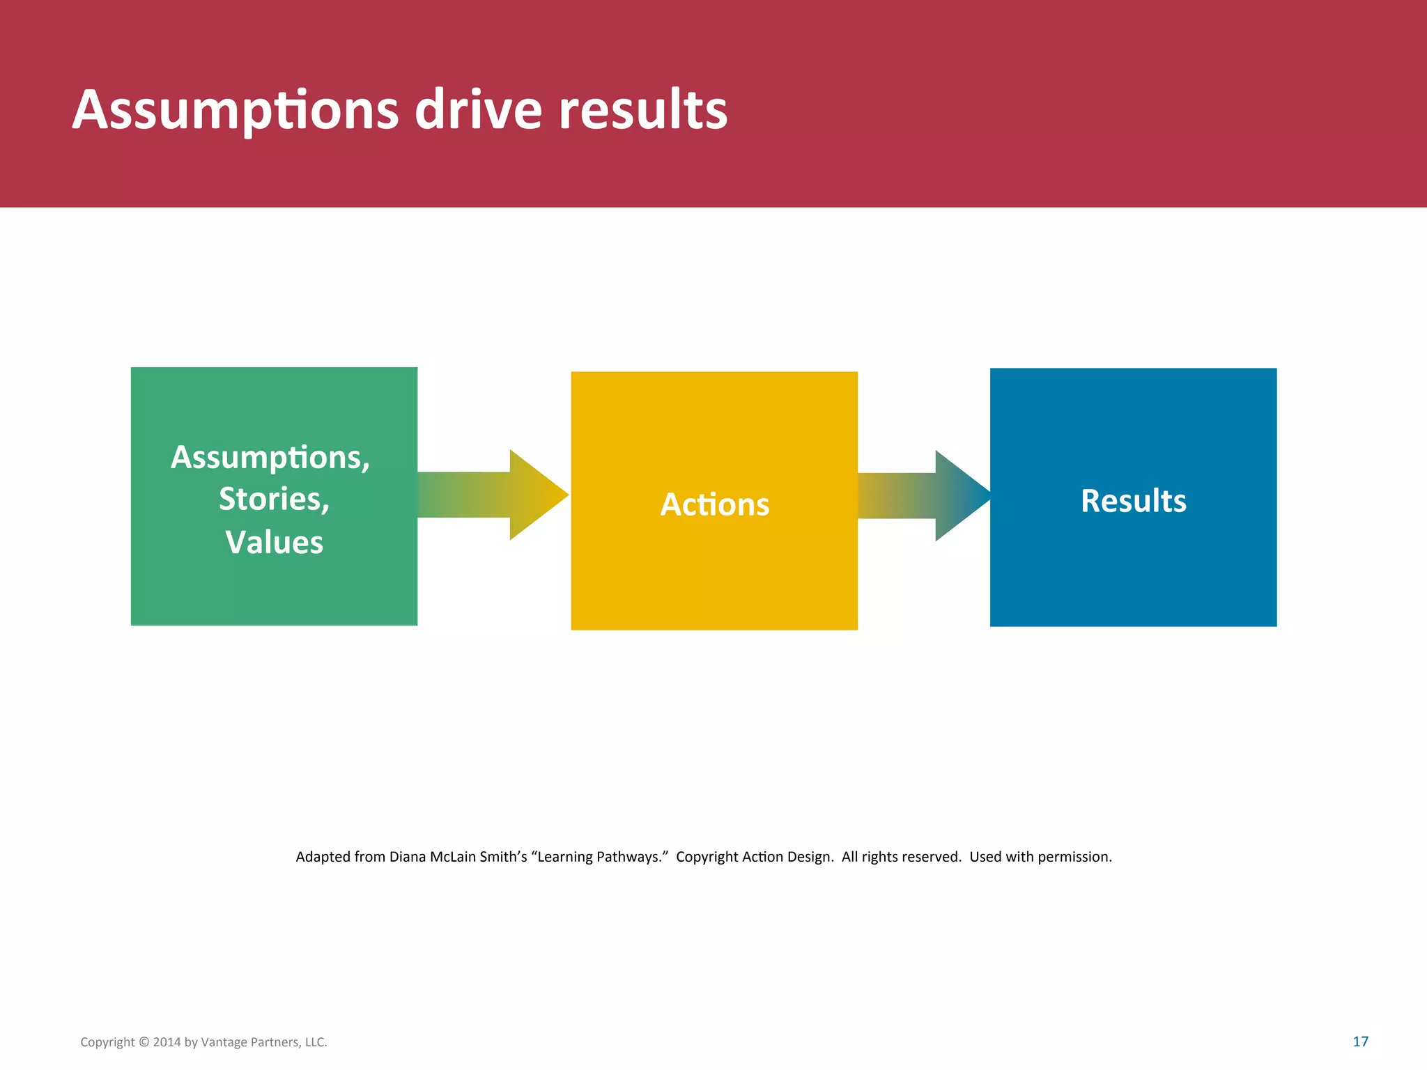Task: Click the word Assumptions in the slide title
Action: pos(236,110)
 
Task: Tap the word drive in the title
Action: pos(478,110)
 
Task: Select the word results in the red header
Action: pos(642,110)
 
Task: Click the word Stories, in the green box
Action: pos(274,499)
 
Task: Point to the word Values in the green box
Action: pos(274,542)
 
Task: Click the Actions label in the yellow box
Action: pos(714,504)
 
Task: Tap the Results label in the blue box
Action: pos(1133,500)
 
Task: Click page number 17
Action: pos(1360,1041)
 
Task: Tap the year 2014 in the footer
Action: pos(167,1042)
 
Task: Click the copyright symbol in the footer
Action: pos(144,1042)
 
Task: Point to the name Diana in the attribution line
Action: pos(407,857)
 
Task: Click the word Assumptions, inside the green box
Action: pos(270,458)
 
